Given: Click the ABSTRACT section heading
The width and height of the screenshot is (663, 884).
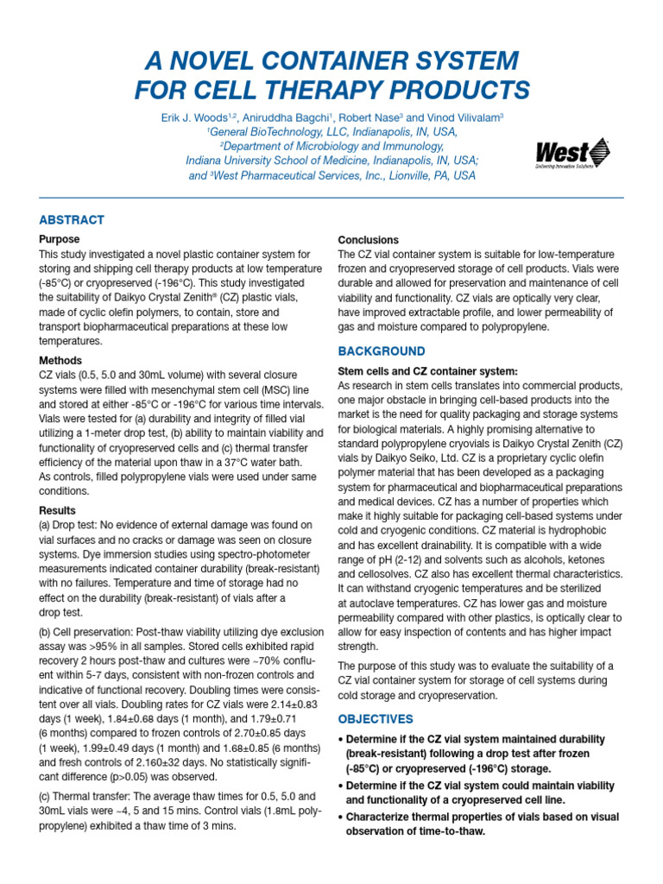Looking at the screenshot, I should click(x=72, y=220).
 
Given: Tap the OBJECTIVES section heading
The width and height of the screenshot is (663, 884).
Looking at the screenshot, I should click(x=375, y=719).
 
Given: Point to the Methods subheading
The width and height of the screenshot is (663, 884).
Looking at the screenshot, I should click(x=60, y=361).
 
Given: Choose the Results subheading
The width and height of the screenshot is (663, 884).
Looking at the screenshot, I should click(x=57, y=510).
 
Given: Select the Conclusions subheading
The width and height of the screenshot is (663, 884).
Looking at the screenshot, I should click(x=368, y=240).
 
